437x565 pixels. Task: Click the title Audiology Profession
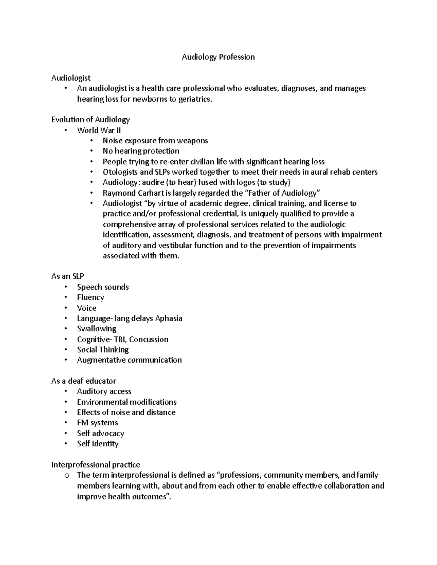point(218,57)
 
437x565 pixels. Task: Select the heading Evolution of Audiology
point(90,120)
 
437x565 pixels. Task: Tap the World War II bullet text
point(99,130)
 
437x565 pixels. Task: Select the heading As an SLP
point(68,276)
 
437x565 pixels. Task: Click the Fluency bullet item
point(90,298)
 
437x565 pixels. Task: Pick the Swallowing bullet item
point(97,329)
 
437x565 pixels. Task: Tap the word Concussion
point(149,339)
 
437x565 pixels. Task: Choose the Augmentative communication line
point(129,360)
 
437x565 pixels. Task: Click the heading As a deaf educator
point(83,381)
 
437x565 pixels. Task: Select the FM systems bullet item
point(97,423)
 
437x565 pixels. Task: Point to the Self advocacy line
point(101,433)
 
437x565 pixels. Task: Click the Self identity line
point(98,444)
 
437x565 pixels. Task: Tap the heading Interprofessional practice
point(95,465)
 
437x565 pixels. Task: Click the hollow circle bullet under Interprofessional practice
point(66,476)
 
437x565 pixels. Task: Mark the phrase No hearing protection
point(141,151)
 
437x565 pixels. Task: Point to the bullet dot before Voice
point(66,308)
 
